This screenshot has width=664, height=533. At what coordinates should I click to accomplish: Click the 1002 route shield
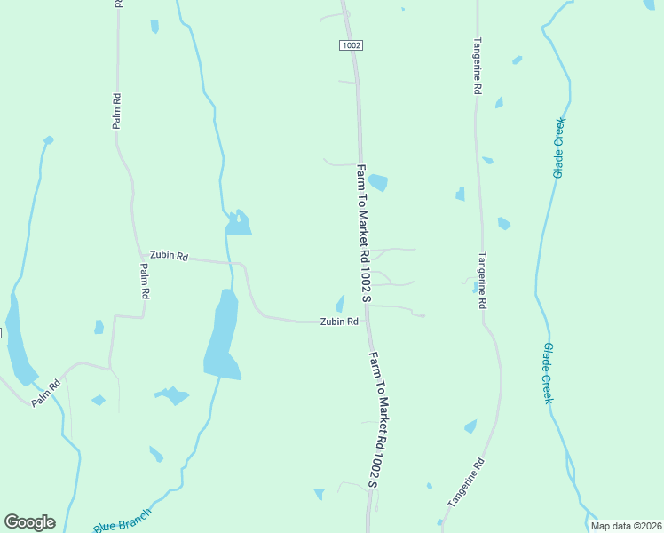coord(351,44)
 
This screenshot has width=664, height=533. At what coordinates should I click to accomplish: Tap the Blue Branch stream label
coord(123,521)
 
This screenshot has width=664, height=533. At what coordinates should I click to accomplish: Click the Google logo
coord(29,522)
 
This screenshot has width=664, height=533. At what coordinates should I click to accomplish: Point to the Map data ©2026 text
coord(626,526)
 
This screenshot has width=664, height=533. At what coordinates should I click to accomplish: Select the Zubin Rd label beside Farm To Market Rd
coord(339,322)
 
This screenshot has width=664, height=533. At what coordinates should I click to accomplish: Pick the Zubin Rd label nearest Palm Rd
coord(169,256)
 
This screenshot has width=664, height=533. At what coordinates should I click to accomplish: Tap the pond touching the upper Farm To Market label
coord(378,182)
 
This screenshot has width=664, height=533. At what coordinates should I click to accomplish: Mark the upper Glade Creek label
coord(558,147)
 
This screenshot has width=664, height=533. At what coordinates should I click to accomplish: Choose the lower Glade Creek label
coord(549,373)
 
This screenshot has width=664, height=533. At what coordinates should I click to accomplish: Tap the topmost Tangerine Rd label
coord(477,67)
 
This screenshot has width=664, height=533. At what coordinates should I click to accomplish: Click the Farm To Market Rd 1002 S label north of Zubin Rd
coord(363,231)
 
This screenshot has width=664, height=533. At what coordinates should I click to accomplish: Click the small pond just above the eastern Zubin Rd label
coord(339,304)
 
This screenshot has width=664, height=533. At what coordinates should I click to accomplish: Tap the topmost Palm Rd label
coord(116,111)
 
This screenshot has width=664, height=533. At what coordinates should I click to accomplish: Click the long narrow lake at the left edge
coord(18,342)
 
